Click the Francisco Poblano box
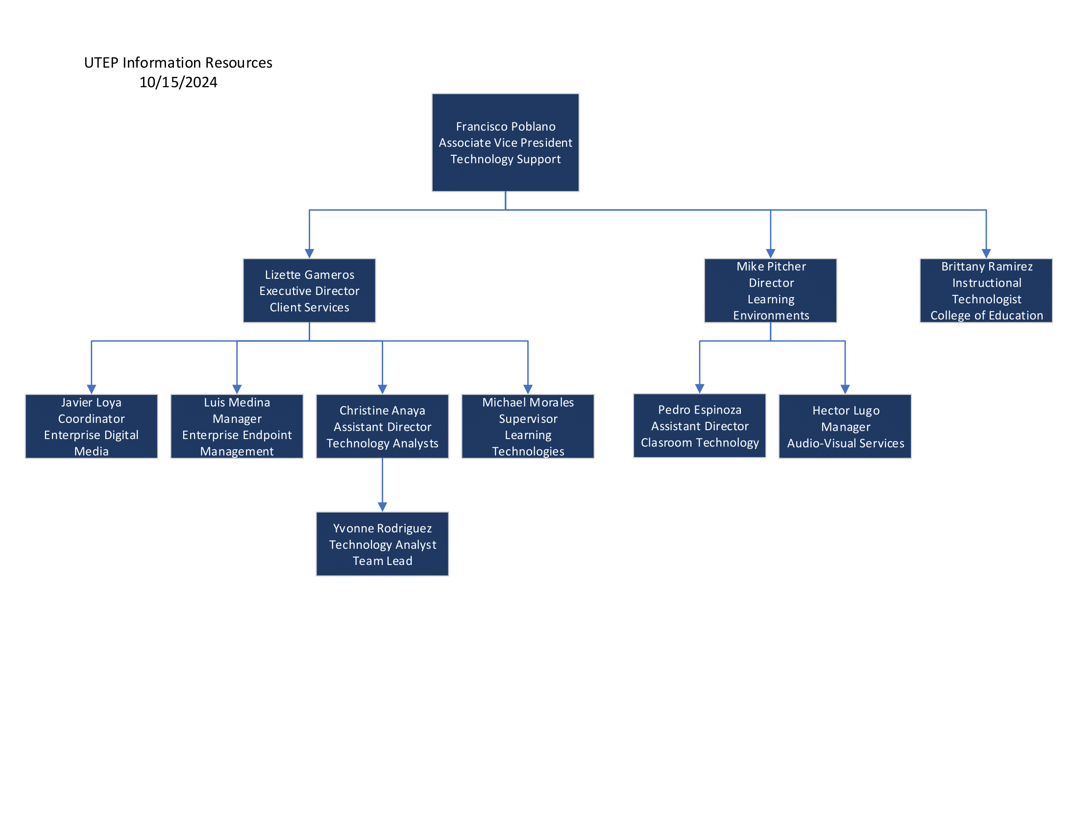click(506, 143)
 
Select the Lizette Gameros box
click(310, 291)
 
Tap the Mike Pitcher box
click(770, 291)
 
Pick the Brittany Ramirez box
click(986, 291)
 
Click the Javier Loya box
click(91, 426)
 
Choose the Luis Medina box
click(237, 426)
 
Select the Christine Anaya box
click(383, 426)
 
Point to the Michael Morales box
click(528, 426)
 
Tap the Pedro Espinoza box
click(700, 426)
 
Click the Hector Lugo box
click(845, 426)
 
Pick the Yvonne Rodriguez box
click(383, 544)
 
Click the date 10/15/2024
click(178, 82)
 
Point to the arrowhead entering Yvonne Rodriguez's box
click(383, 507)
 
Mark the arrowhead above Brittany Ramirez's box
click(986, 254)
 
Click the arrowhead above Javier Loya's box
click(91, 390)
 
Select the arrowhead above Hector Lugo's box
click(845, 390)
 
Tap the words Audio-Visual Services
click(846, 443)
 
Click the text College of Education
click(987, 316)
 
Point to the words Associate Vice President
click(506, 143)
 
